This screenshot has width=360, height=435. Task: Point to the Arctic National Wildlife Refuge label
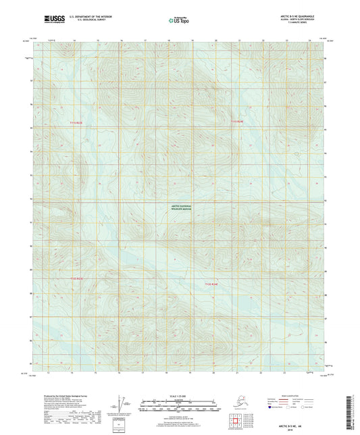coord(180,209)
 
